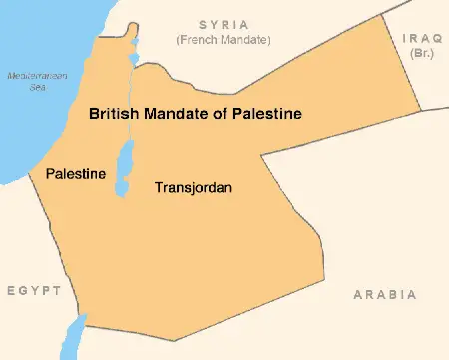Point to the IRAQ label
point(422,37)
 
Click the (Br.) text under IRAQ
point(422,52)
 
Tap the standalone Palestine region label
point(76,174)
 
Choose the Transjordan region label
point(194,186)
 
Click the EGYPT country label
point(34,290)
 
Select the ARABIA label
point(385,295)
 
